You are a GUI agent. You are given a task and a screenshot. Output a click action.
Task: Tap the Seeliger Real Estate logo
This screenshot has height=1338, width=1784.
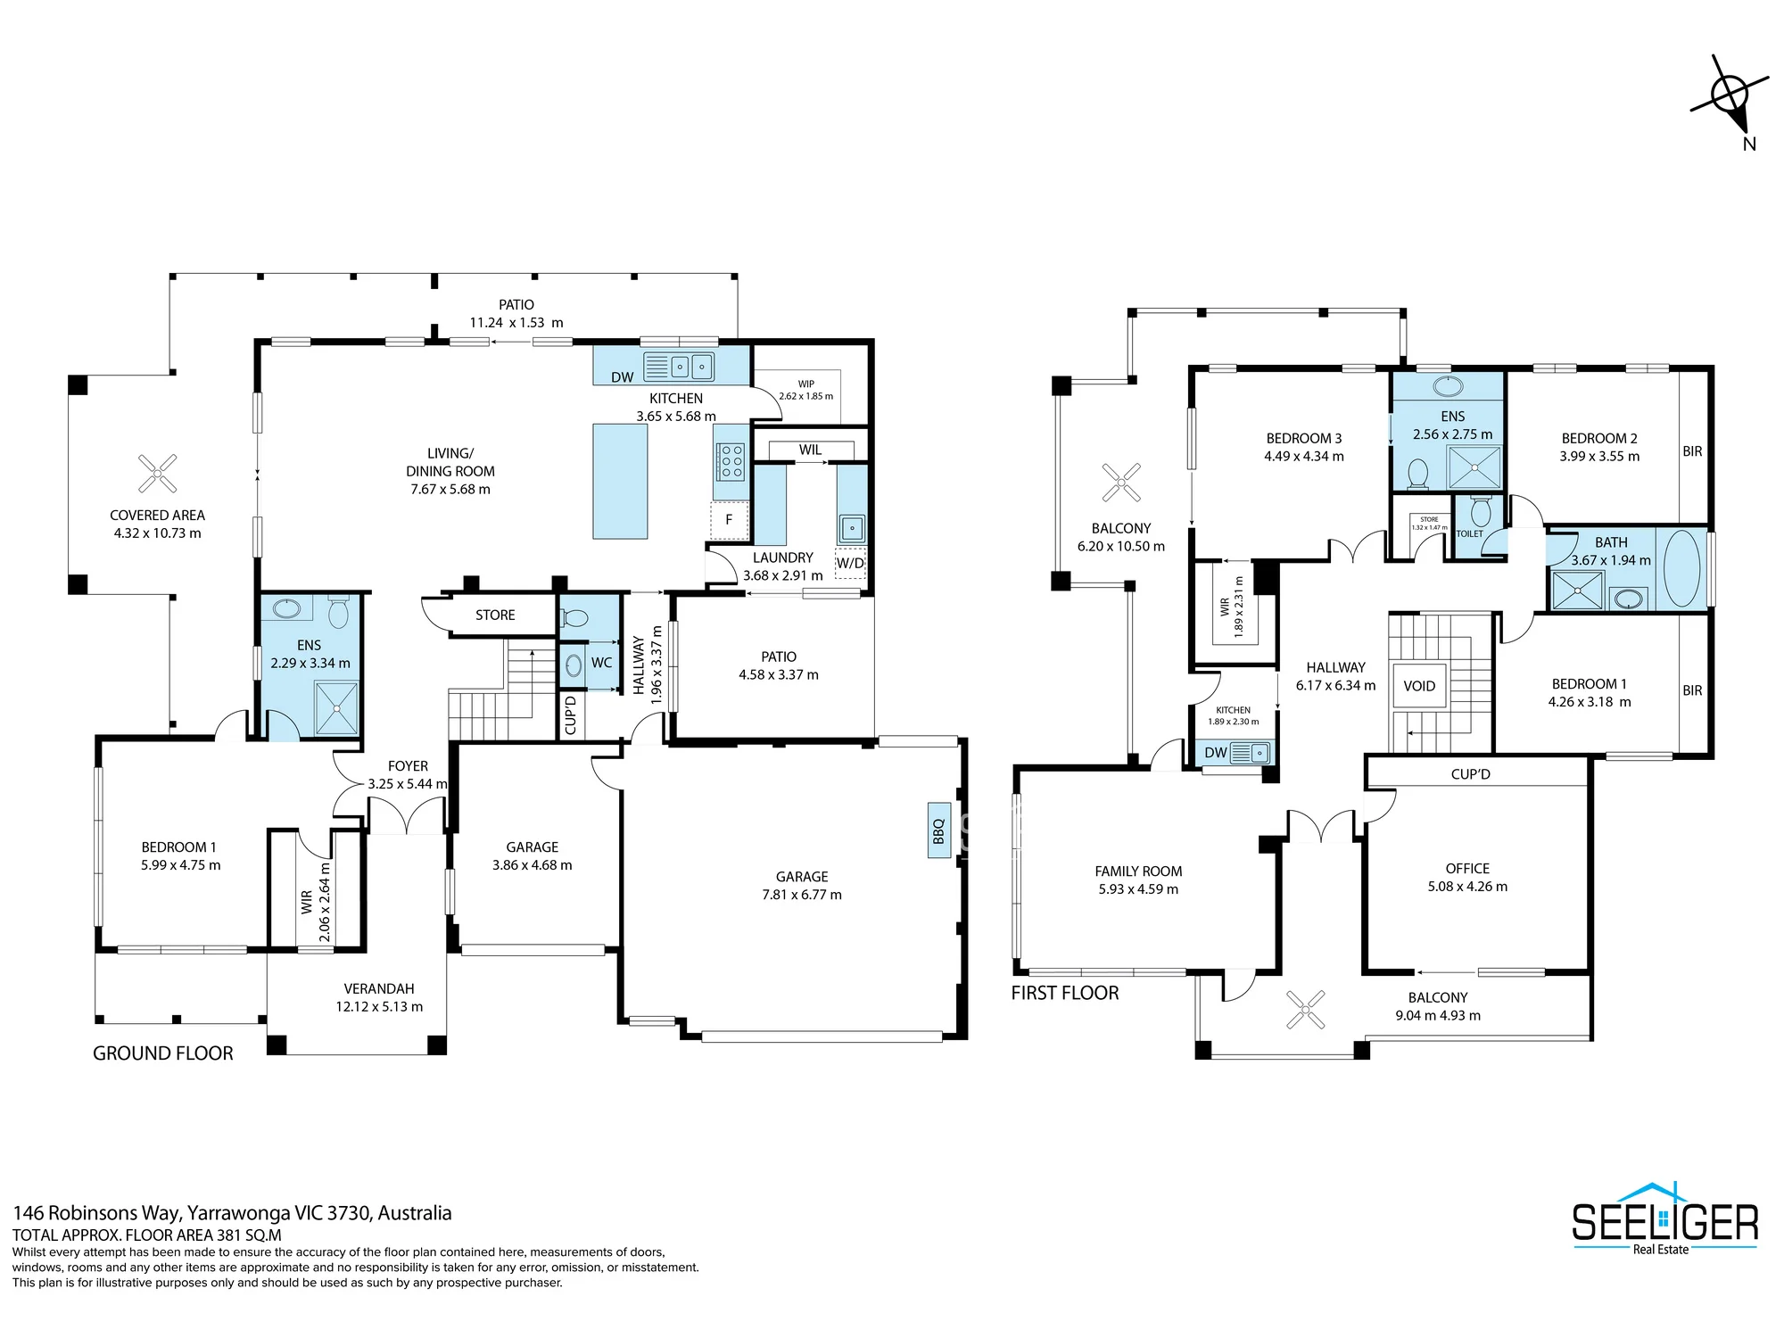point(1664,1218)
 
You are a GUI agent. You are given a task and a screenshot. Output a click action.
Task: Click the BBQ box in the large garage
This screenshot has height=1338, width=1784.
point(938,831)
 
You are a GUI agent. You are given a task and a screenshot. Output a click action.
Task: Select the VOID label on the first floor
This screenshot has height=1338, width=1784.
point(1419,686)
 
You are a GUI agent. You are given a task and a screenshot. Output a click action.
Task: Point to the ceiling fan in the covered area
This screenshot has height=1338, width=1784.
point(158,474)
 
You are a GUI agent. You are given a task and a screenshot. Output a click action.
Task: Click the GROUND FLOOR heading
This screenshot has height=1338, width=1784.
point(163,1053)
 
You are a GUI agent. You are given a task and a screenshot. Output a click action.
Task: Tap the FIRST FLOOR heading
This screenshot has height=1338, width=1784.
point(1065,993)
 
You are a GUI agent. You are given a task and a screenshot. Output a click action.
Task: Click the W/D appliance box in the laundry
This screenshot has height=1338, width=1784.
point(850,563)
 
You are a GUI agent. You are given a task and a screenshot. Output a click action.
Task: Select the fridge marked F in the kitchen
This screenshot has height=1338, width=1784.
point(729,520)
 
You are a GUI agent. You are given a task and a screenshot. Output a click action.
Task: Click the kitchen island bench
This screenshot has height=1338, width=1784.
point(620,481)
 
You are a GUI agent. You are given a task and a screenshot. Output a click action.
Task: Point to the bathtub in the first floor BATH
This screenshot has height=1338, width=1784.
point(1681,569)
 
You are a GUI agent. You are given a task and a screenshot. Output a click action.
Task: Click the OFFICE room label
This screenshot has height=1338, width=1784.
point(1467,868)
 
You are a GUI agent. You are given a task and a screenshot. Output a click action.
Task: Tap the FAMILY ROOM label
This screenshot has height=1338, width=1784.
point(1138,871)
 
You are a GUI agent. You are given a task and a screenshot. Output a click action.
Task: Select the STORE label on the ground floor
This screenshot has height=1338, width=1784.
point(495,615)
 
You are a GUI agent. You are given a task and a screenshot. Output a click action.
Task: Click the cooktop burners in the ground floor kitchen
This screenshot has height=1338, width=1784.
point(731,462)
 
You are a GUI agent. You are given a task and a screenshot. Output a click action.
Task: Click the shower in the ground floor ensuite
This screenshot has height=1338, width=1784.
point(336,708)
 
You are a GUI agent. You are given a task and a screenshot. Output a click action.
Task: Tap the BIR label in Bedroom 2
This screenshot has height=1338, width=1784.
point(1692,451)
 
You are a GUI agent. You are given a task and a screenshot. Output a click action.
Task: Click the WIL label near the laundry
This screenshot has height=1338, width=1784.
point(810,450)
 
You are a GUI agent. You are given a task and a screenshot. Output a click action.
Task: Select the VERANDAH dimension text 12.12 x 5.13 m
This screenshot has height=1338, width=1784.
point(379,1007)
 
